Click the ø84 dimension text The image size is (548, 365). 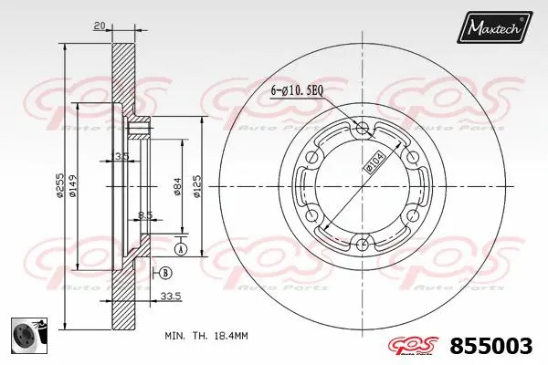[175, 186]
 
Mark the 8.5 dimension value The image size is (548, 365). [143, 215]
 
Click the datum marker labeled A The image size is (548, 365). [180, 248]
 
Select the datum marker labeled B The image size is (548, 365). [164, 273]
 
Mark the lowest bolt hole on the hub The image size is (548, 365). [364, 243]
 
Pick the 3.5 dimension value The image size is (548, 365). [122, 155]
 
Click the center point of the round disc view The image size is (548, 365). [364, 185]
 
